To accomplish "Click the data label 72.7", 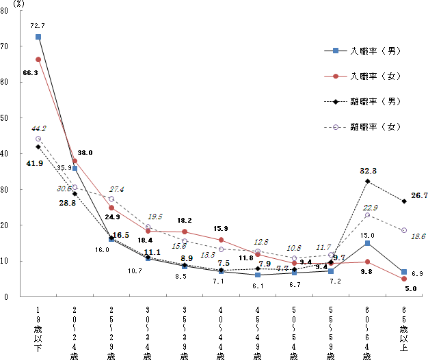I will pyautogui.click(x=38, y=25).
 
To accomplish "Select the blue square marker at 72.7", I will pyautogui.click(x=38, y=37).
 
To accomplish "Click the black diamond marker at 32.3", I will pyautogui.click(x=368, y=181).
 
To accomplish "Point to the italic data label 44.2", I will pyautogui.click(x=38, y=128).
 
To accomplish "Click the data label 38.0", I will pyautogui.click(x=85, y=153).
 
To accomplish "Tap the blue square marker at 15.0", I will pyautogui.click(x=368, y=243).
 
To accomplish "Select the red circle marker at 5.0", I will pyautogui.click(x=404, y=279).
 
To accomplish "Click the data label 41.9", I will pyautogui.click(x=36, y=163).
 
